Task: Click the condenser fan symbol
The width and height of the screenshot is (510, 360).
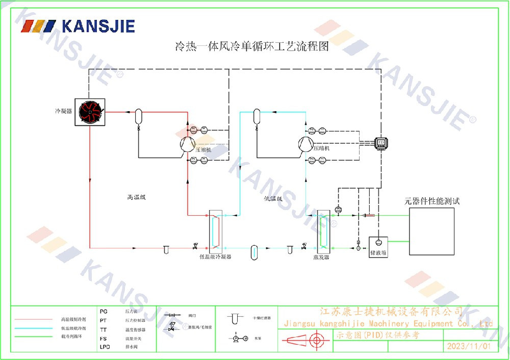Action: coord(89,112)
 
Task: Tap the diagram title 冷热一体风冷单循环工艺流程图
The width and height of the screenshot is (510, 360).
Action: coord(251,47)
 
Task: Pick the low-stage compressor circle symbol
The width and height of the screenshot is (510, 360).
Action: coord(305,145)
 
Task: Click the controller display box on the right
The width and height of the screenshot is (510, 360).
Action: coord(381,143)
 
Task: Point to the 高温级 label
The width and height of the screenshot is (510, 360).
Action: coord(137,197)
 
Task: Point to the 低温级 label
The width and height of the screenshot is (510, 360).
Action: coord(273,198)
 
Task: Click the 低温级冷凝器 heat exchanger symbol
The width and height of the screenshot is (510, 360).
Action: coord(216,232)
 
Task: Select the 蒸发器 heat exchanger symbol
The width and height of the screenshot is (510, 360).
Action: coord(323,232)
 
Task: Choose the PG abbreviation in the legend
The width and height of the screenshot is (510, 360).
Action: coord(104,311)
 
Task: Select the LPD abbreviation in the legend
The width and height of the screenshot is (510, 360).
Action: coord(105,347)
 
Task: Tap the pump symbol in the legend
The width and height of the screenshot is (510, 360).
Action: coord(240,339)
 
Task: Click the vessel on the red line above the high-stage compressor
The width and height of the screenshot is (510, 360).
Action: coord(138,116)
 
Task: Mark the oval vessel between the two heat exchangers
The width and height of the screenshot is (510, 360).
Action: coord(254,251)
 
